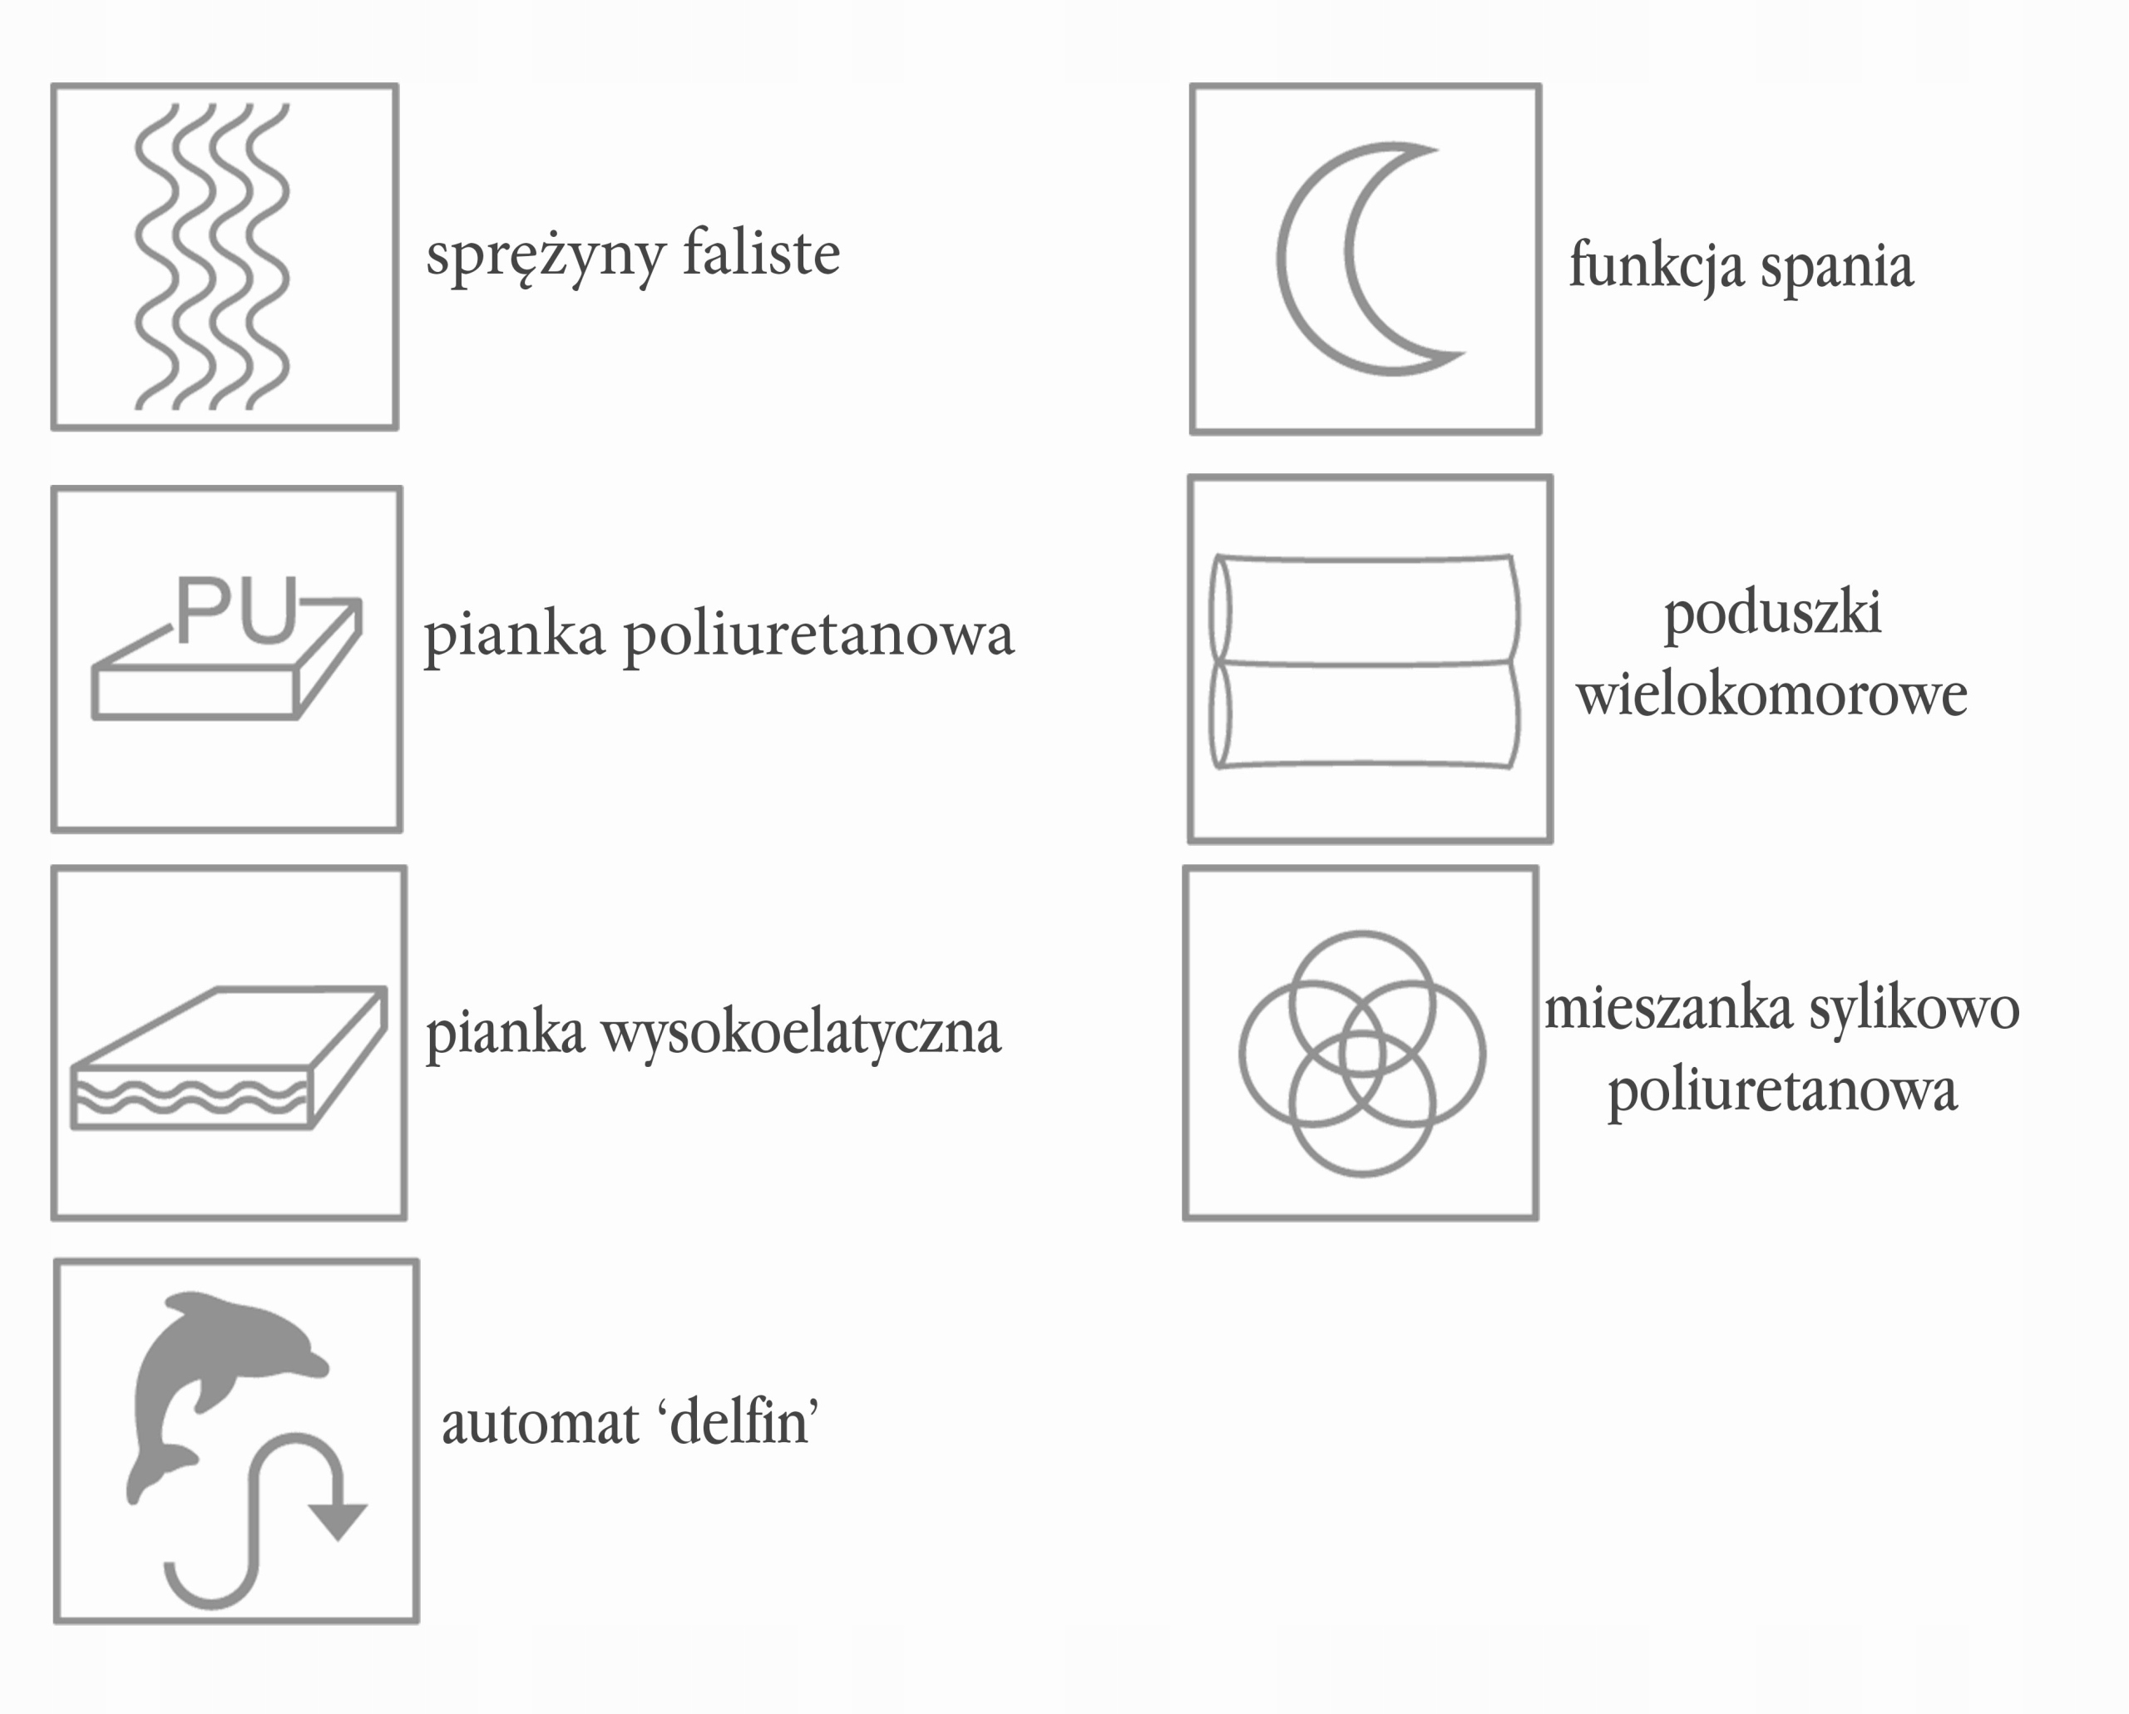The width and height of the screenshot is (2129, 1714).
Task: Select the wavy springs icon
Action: point(213,257)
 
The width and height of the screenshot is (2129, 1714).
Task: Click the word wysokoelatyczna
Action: point(801,1035)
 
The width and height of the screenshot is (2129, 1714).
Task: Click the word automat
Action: point(540,1425)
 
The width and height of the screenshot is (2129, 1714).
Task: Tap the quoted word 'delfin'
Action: point(743,1424)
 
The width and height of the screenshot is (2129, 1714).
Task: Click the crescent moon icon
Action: point(1353,259)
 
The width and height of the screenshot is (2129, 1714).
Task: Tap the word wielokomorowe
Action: point(1771,695)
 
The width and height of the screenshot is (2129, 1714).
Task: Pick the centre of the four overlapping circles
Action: point(1361,1054)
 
